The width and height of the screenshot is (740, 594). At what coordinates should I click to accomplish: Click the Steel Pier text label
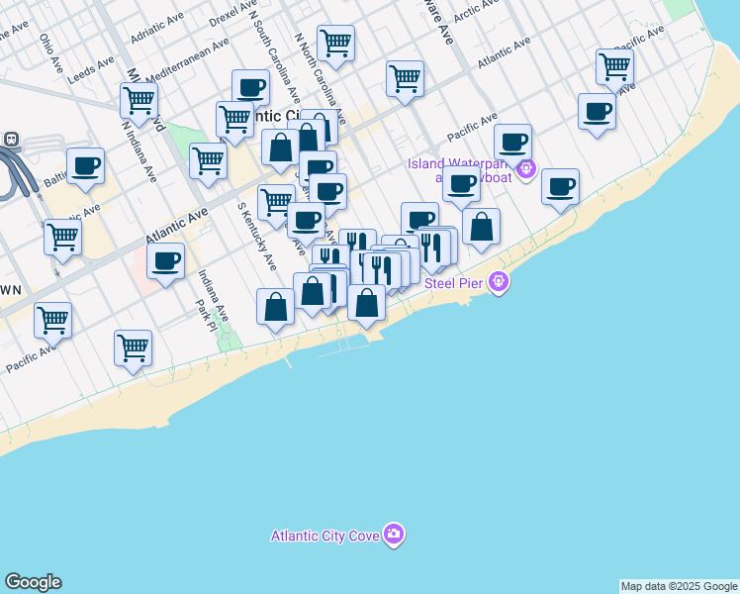[456, 283]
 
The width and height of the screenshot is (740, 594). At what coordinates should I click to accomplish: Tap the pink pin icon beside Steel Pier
[500, 283]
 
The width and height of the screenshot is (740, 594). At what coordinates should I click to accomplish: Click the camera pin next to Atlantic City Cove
[395, 536]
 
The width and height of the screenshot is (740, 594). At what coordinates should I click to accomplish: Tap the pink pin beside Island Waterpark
[525, 170]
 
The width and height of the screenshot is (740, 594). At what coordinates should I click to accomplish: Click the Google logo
[33, 582]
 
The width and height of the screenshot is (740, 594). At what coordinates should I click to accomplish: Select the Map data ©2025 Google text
[679, 586]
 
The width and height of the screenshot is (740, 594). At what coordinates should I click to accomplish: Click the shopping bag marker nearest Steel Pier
[481, 228]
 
